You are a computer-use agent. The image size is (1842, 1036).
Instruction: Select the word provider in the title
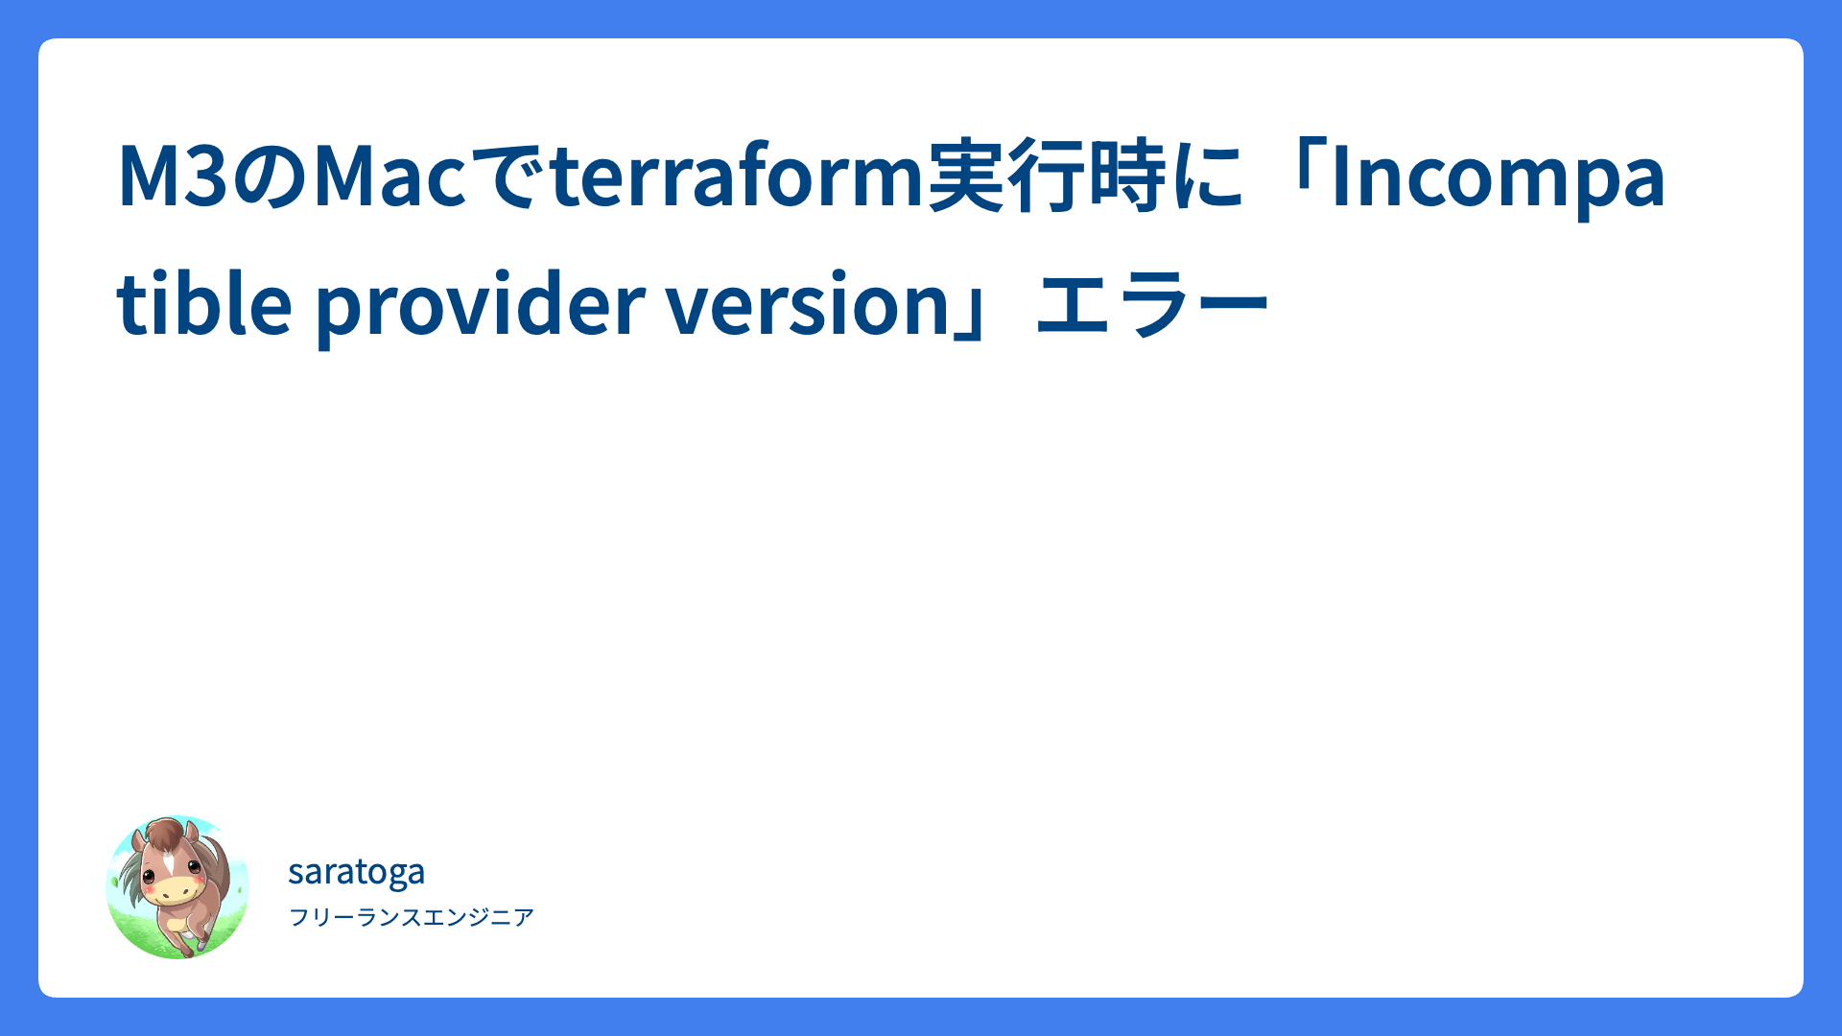pos(480,307)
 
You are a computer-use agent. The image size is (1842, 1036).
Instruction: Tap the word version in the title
pos(808,305)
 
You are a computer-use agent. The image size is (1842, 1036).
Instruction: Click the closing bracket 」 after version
pos(972,316)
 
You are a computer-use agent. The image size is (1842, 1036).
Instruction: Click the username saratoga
pos(356,872)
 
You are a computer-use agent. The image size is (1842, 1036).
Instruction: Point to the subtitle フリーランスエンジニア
pos(412,917)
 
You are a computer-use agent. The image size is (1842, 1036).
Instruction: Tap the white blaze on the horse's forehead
pos(169,860)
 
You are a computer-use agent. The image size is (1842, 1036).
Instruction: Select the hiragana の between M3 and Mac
pos(270,177)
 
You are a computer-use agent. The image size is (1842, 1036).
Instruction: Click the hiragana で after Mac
pos(507,177)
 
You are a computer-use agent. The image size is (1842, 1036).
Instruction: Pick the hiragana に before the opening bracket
pos(1206,177)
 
